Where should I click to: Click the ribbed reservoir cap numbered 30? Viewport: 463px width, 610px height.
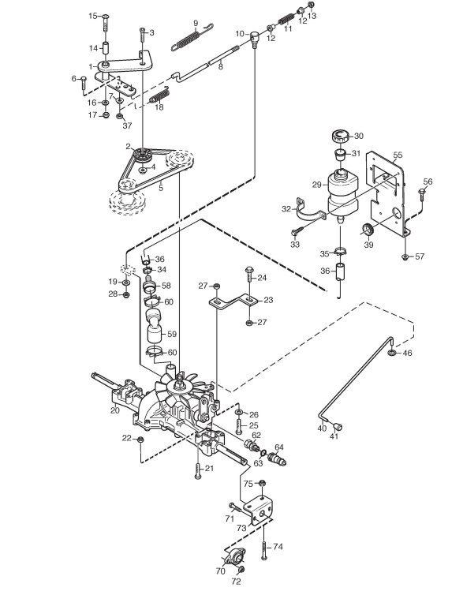click(338, 137)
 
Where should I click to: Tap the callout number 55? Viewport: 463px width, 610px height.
click(398, 155)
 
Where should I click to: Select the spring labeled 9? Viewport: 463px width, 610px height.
click(191, 37)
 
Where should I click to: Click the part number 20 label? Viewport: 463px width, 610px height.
click(114, 410)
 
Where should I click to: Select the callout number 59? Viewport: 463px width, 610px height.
click(171, 334)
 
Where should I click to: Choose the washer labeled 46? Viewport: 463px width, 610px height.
click(392, 353)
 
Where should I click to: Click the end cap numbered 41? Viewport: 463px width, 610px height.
click(338, 426)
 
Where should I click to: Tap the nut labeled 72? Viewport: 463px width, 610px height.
click(241, 570)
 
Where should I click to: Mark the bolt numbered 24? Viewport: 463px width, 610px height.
click(248, 276)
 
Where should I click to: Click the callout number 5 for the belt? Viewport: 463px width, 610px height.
click(161, 188)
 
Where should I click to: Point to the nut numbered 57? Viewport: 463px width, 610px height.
click(405, 256)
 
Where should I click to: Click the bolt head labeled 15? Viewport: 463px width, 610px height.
click(106, 17)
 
